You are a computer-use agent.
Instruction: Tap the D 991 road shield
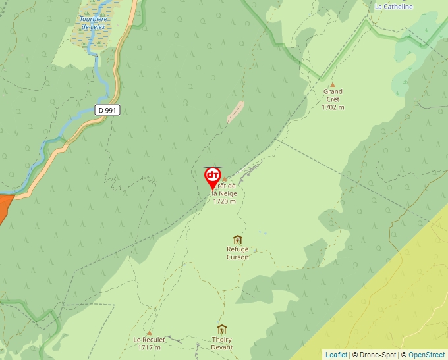(107, 110)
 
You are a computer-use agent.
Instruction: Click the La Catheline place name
(393, 7)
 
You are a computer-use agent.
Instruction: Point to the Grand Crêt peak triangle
(333, 84)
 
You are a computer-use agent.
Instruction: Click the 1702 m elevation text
(333, 107)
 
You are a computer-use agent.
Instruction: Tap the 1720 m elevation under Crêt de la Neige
(224, 201)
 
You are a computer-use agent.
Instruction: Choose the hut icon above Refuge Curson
(238, 240)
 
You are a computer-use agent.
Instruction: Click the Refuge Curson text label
(238, 253)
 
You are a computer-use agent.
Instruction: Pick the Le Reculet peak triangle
(150, 332)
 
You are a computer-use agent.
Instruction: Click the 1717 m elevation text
(150, 347)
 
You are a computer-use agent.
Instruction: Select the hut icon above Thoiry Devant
(222, 329)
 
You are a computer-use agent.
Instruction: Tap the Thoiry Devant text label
(222, 344)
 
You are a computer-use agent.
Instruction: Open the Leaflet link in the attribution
(336, 355)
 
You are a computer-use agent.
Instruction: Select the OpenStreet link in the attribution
(427, 355)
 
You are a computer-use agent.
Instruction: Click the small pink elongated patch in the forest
(235, 112)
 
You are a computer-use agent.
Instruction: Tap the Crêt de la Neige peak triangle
(225, 178)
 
